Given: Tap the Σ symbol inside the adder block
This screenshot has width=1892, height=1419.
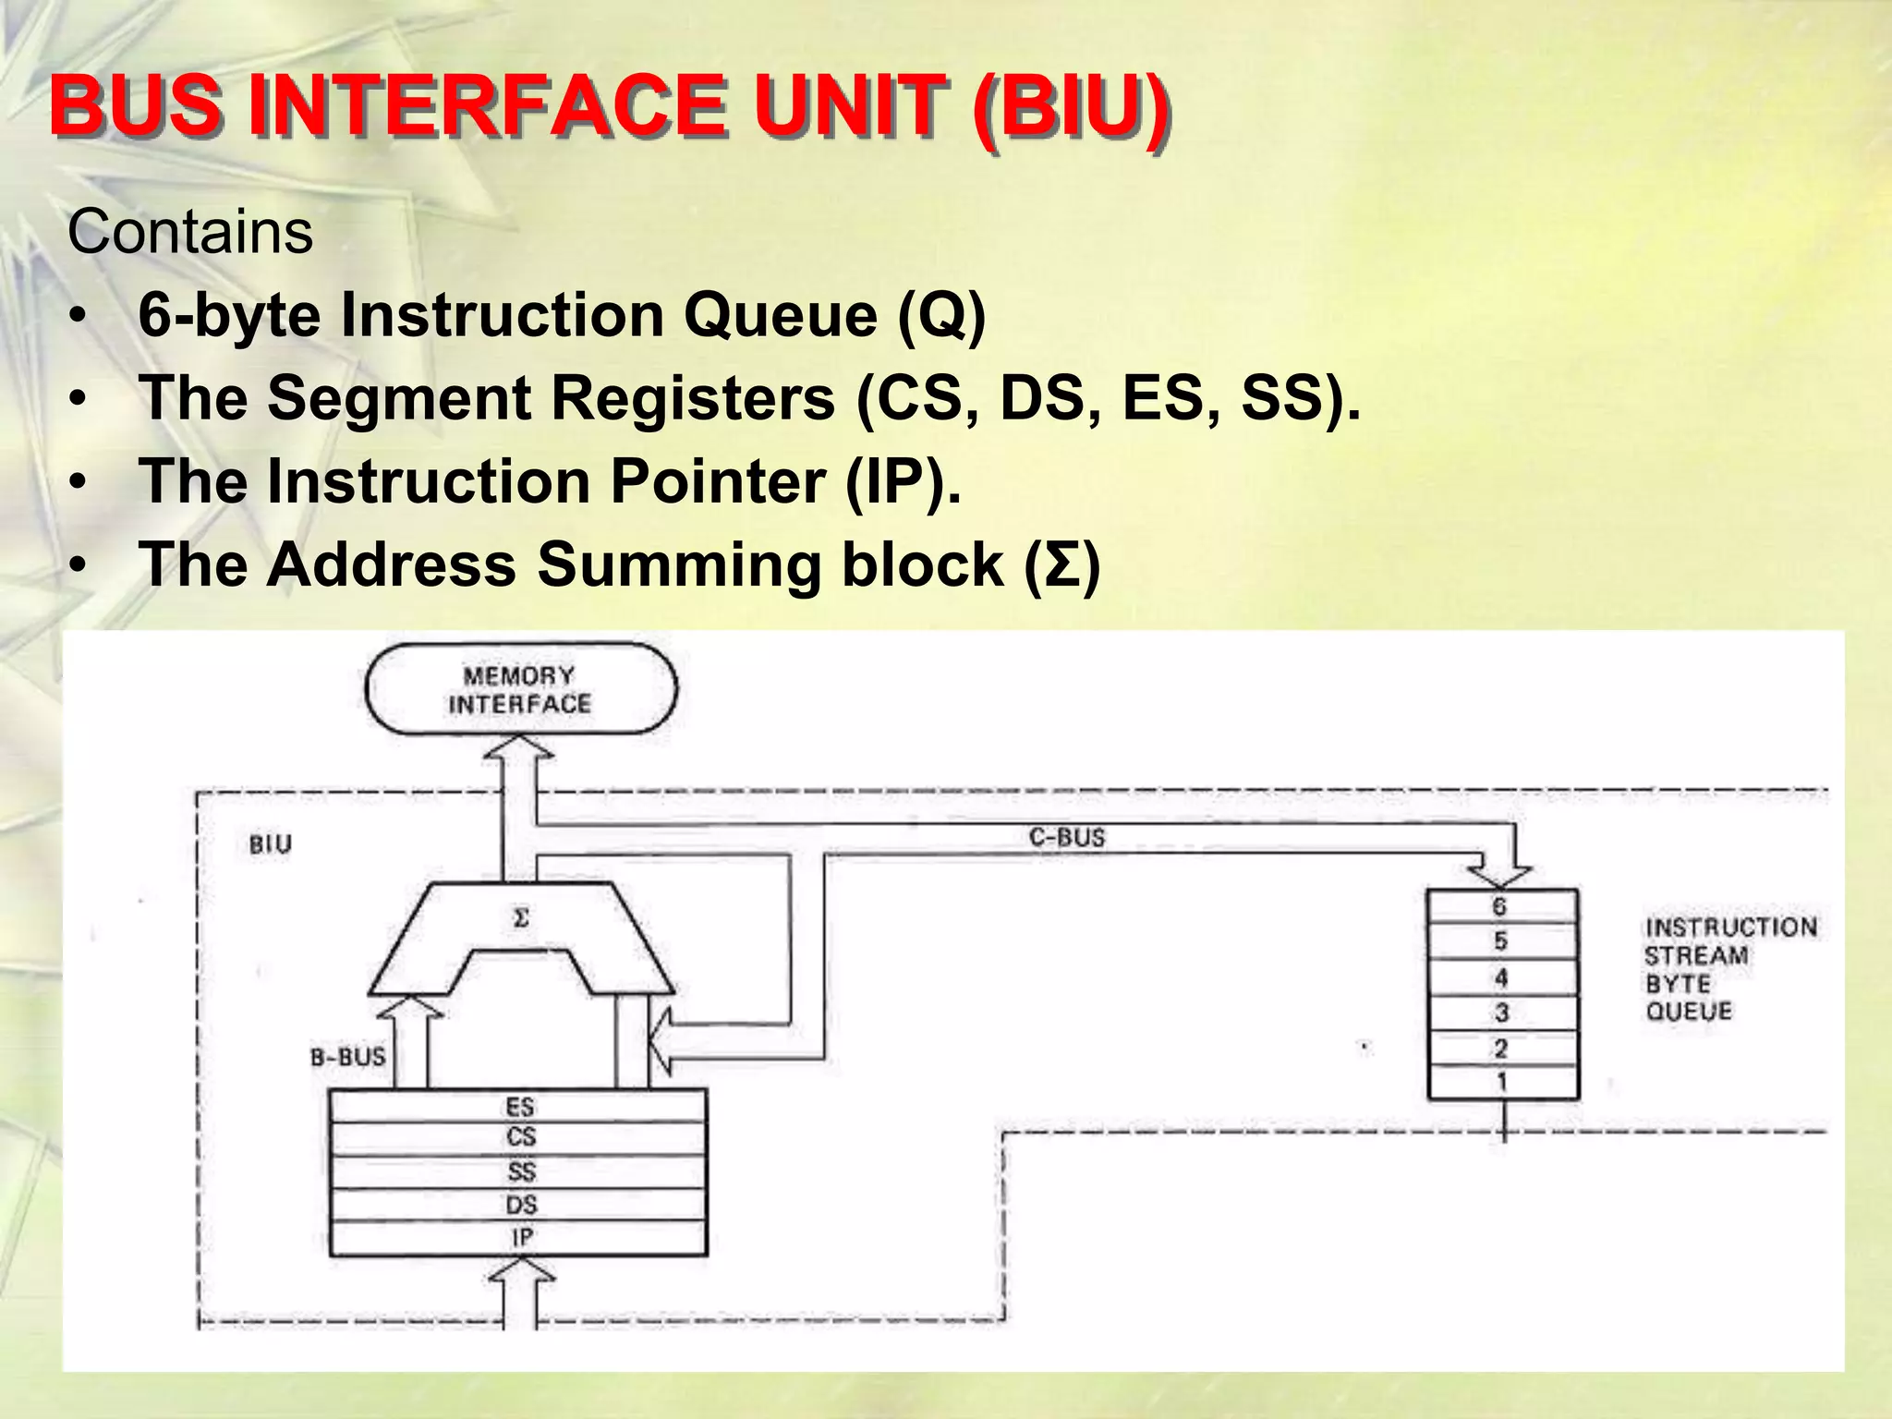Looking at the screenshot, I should (521, 918).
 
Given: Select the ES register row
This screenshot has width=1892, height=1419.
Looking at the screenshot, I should (519, 1107).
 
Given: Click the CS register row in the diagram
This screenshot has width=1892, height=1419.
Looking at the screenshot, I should (519, 1138).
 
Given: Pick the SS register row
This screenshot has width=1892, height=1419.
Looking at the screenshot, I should (519, 1171).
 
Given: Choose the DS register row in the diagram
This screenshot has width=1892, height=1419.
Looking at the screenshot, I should (519, 1205).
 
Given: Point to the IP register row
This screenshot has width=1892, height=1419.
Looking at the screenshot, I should (519, 1238).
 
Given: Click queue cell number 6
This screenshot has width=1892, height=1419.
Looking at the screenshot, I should (1501, 906).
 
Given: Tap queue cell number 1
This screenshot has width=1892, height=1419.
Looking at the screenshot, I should (1501, 1082).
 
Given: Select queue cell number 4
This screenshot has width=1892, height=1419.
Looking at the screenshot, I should (1501, 977).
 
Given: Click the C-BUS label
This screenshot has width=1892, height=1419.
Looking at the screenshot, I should (1067, 838).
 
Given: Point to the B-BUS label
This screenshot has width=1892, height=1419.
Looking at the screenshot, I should (347, 1057).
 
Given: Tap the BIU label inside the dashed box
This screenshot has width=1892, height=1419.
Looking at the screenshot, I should (271, 844).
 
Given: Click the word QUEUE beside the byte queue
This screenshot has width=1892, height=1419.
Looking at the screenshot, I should (1689, 1011).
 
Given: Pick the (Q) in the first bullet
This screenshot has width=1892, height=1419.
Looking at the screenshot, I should (941, 316).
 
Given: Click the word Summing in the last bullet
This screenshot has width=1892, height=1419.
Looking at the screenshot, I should (678, 564).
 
